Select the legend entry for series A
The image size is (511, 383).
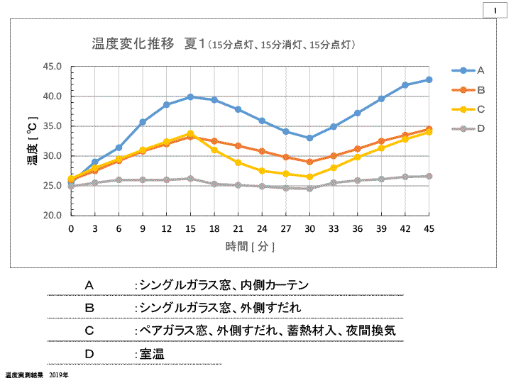(x=468, y=70)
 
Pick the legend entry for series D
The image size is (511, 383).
(x=468, y=128)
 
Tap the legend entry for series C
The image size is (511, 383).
(x=468, y=109)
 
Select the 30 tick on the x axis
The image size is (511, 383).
(x=309, y=228)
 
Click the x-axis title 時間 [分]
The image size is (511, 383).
(x=250, y=246)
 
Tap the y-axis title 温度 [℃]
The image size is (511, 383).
(x=31, y=140)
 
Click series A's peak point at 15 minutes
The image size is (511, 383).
(x=190, y=96)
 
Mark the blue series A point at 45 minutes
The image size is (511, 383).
(x=429, y=79)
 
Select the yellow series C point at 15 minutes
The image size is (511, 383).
(x=190, y=133)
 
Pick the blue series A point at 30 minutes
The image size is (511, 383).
(x=309, y=138)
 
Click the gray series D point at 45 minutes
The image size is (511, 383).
(x=429, y=176)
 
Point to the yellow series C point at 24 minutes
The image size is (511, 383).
(x=262, y=171)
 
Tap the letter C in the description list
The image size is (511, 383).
(x=89, y=331)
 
